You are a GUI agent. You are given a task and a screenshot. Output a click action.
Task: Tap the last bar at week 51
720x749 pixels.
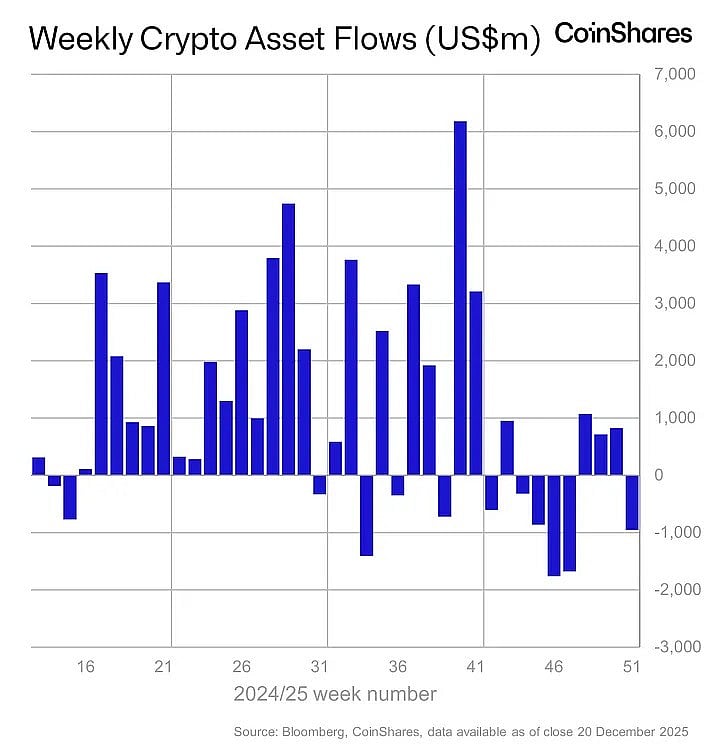coord(631,502)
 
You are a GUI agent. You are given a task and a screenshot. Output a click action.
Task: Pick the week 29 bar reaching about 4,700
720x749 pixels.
coord(288,339)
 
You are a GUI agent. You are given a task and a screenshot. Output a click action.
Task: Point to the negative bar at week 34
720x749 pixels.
coord(366,515)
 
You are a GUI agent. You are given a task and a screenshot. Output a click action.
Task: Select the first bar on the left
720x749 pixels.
coord(39,466)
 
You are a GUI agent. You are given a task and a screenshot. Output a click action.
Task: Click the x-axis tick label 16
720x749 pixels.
coord(85,666)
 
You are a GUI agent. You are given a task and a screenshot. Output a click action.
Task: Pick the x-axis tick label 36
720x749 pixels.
coord(397,666)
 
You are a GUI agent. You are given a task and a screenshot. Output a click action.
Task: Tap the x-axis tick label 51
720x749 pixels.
coord(631,666)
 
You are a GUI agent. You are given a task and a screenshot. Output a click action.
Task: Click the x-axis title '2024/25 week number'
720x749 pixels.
coord(335,693)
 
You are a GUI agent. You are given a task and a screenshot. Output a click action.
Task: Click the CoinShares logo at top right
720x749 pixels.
coord(622,34)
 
